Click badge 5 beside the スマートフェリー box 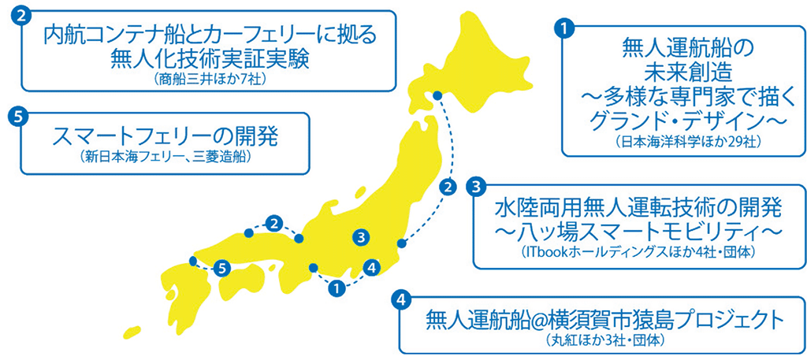[x=21, y=117]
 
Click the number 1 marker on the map [x=337, y=288]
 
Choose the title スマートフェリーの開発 [x=165, y=135]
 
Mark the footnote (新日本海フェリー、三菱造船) [x=165, y=158]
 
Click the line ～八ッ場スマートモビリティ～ [x=638, y=232]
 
